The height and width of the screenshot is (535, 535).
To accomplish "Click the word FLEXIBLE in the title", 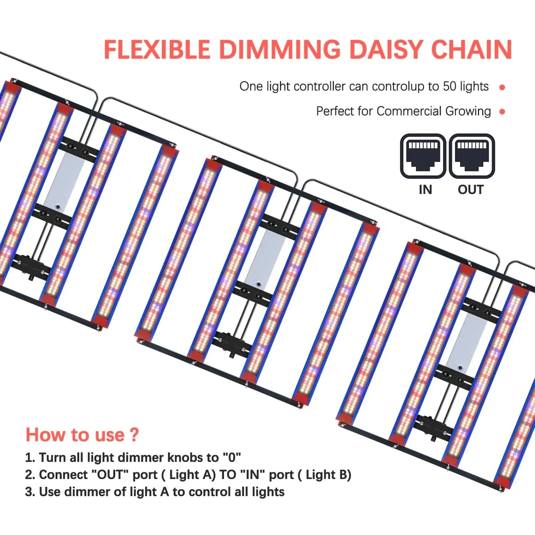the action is tap(157, 49).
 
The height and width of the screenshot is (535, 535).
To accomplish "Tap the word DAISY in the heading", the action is tap(385, 49).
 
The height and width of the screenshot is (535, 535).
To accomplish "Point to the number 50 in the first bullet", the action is tap(449, 86).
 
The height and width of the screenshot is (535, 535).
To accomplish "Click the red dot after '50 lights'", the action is tap(502, 87).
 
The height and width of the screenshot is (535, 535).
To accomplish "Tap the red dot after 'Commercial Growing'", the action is tap(502, 112).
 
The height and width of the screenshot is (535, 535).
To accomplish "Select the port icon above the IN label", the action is tap(423, 156).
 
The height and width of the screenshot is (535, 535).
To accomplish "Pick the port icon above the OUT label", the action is tap(472, 156).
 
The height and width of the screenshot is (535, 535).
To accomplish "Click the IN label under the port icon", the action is tap(425, 190).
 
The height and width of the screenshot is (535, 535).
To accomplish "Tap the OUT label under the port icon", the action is tap(471, 190).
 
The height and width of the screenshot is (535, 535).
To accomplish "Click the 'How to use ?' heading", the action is tap(82, 435).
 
